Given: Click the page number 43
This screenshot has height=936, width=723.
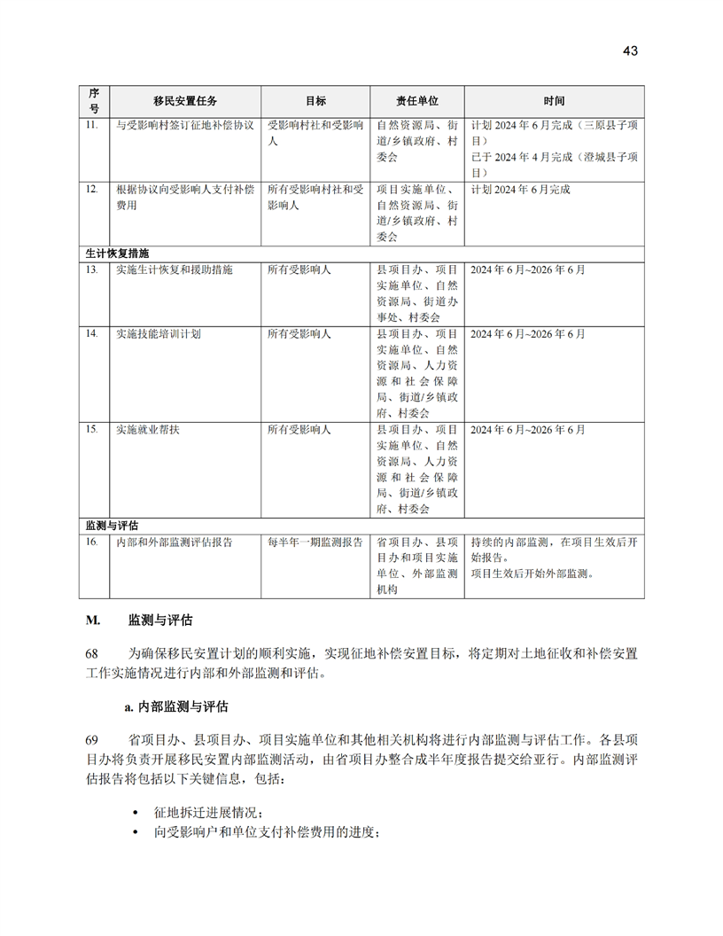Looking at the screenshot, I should click(630, 51).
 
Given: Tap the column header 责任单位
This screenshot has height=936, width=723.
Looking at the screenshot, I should click(416, 101).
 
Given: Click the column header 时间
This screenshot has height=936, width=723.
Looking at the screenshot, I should click(555, 101).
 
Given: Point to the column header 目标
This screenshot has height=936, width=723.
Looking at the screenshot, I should click(315, 101).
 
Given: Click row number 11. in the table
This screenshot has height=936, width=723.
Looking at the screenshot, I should click(91, 126).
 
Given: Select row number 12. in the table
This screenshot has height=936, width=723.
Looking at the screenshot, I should click(91, 190).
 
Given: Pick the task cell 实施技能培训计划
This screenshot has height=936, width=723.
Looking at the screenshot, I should click(159, 334).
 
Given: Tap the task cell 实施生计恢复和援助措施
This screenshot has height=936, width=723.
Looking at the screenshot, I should click(175, 269).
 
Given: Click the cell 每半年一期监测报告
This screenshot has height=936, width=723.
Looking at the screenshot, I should click(315, 542).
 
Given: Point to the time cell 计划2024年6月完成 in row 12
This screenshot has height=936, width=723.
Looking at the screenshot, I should click(521, 190).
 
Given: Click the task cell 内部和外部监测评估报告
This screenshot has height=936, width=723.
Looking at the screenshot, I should click(175, 542).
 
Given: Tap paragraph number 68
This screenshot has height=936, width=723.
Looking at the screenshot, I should click(91, 653).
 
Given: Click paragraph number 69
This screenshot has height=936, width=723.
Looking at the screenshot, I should click(91, 738).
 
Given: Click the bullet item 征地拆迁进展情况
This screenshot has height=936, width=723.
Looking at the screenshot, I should click(208, 813).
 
